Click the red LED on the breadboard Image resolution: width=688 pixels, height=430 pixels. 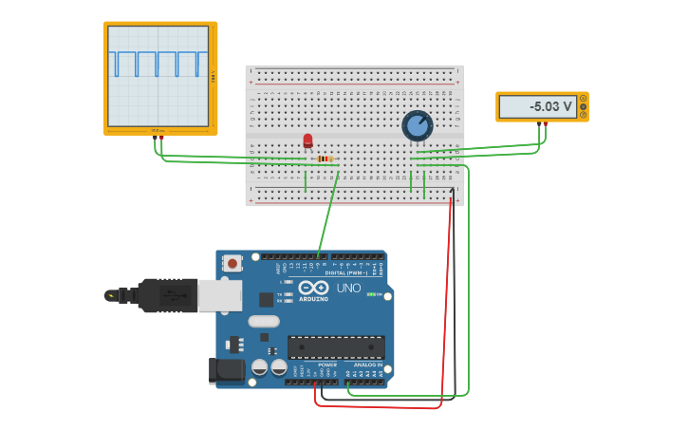[307, 140]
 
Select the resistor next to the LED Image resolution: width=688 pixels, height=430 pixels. [325, 159]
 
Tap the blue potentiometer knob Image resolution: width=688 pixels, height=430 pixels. [417, 125]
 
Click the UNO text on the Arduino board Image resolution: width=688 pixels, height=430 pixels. [348, 288]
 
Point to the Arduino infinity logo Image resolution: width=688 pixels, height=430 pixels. [313, 287]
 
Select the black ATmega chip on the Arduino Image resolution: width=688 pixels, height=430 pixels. [336, 346]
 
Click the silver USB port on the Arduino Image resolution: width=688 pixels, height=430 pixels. [219, 295]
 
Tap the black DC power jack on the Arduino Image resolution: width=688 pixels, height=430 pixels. [226, 369]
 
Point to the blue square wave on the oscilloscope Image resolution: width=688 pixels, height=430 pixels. [158, 64]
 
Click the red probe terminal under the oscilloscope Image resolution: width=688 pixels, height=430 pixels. [161, 138]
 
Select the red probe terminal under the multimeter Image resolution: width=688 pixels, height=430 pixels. [545, 122]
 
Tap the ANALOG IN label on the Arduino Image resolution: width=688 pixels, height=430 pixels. [368, 365]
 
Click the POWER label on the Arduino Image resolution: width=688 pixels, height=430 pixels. [327, 365]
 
